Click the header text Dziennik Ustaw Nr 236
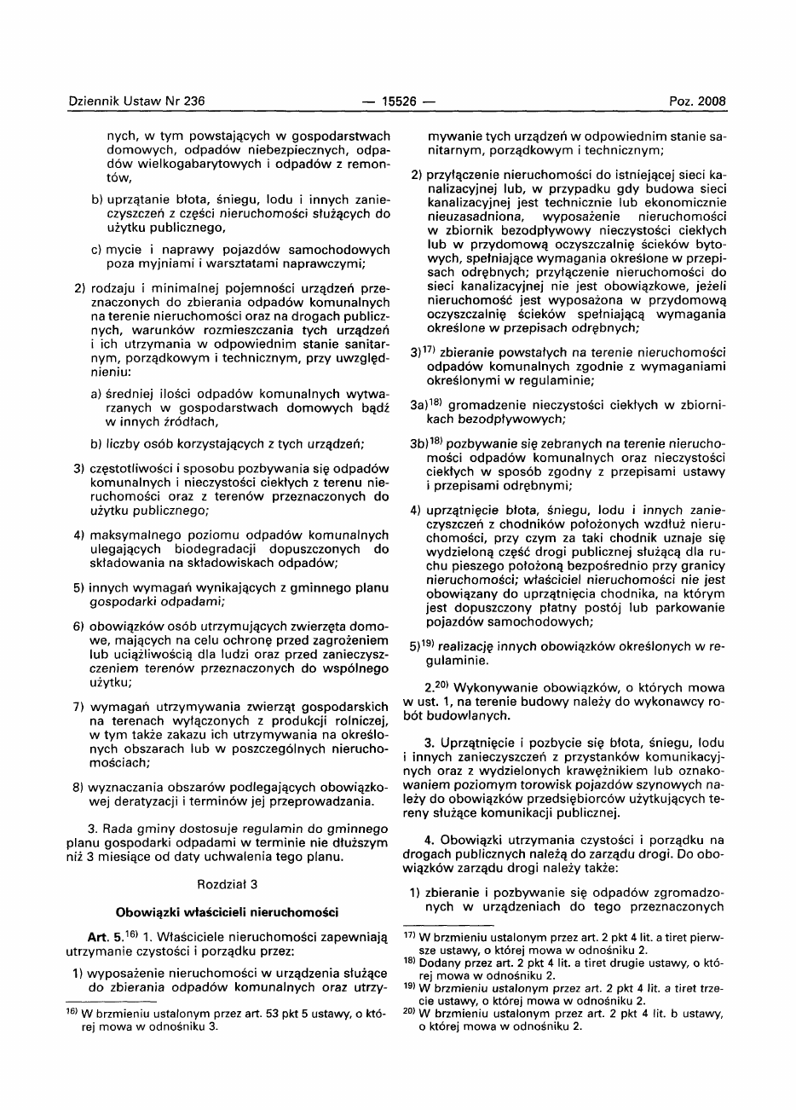[136, 101]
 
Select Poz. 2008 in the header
[697, 101]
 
